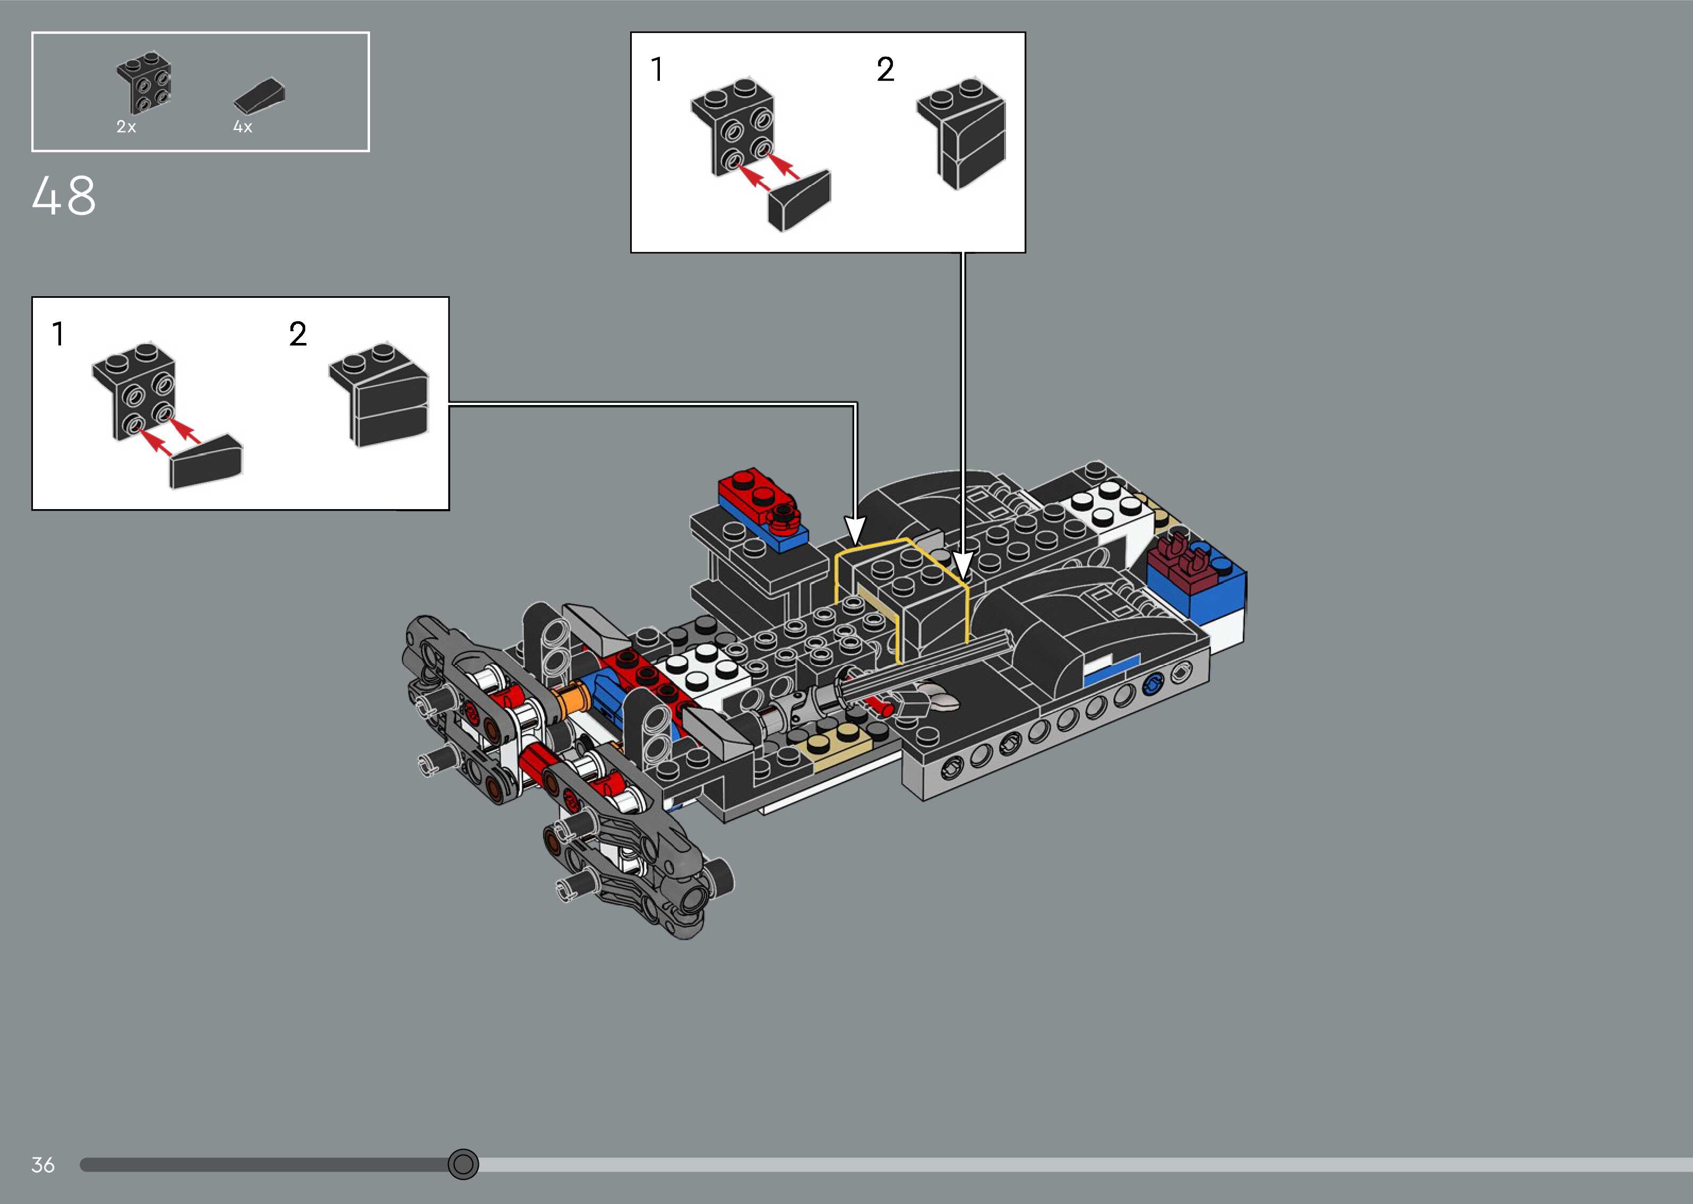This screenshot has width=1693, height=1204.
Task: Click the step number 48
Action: pos(64,196)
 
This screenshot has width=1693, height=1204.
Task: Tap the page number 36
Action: pos(43,1165)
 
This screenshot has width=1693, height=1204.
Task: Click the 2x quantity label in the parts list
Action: pos(126,127)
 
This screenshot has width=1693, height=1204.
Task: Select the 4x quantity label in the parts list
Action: pos(243,127)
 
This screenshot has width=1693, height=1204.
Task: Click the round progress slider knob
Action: pos(463,1164)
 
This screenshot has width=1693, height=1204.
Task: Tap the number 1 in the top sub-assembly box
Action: pos(657,69)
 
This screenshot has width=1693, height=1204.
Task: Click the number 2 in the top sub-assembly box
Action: pos(885,70)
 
